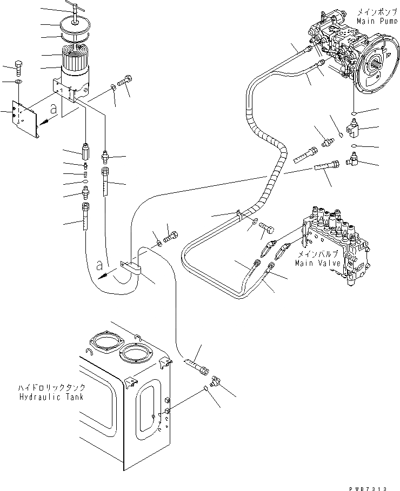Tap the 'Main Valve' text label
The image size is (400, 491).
pos(318,263)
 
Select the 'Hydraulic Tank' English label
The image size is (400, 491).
pos(53,396)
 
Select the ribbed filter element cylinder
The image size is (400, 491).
pos(75,56)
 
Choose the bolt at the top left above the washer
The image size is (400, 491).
pos(19,68)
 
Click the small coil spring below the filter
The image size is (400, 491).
pos(85,173)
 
